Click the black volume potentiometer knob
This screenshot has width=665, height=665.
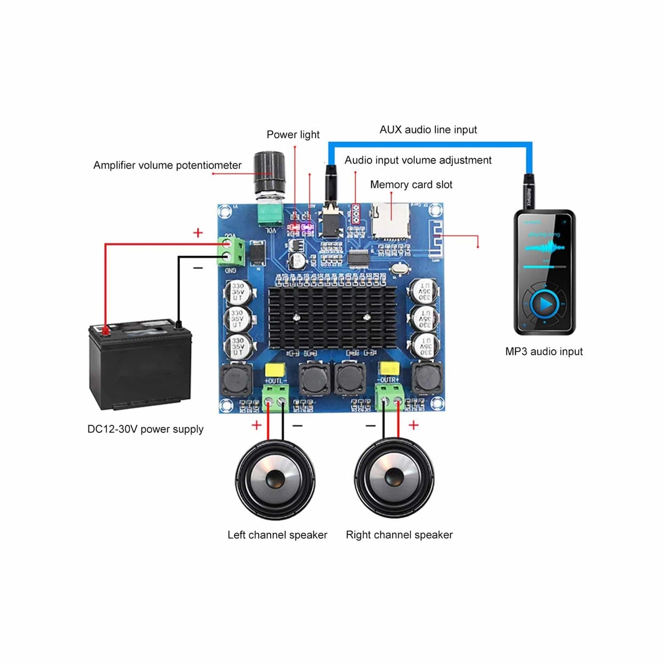coord(270,170)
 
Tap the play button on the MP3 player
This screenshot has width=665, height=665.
coord(545,304)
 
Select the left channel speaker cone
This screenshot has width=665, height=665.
coord(275,479)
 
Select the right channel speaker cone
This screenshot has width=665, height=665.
coord(394,479)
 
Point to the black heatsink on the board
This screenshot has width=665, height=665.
coord(332,317)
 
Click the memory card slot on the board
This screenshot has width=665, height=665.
coord(390,220)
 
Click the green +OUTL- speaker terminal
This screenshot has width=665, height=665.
coord(276,399)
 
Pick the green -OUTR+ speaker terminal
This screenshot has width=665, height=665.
coord(390,399)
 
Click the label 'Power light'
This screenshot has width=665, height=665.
coord(293,135)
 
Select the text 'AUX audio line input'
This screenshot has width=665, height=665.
coord(428,130)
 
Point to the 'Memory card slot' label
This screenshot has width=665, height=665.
coord(411,185)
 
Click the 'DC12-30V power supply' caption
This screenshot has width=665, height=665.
coord(145,429)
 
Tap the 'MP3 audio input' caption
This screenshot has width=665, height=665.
coord(544,352)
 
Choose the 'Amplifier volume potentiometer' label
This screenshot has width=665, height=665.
coord(168,165)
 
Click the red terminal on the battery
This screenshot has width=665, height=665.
coord(105,330)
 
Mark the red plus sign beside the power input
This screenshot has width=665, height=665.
coord(198,233)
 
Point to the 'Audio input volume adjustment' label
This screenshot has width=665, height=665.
coord(418,160)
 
